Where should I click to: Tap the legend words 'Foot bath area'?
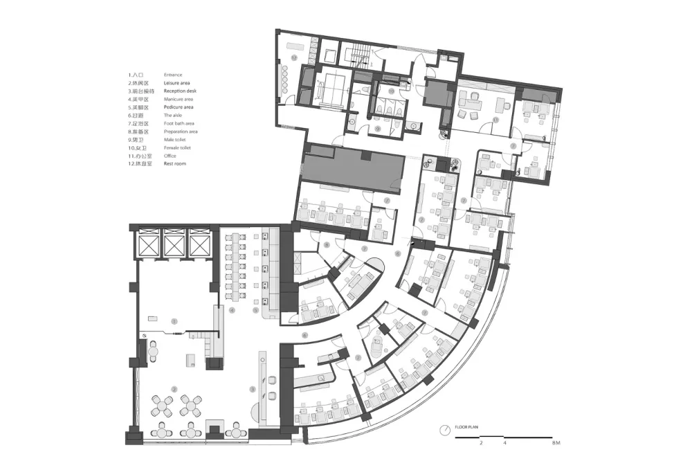179,123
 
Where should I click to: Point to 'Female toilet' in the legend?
178,147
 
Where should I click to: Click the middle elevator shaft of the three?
174,245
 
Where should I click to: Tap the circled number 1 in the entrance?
174,321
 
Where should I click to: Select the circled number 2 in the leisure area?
174,389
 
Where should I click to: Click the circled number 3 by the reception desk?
253,390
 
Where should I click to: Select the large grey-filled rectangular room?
353,170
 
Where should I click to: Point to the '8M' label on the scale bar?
556,442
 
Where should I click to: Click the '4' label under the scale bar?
505,442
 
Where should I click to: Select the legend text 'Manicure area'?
179,99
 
